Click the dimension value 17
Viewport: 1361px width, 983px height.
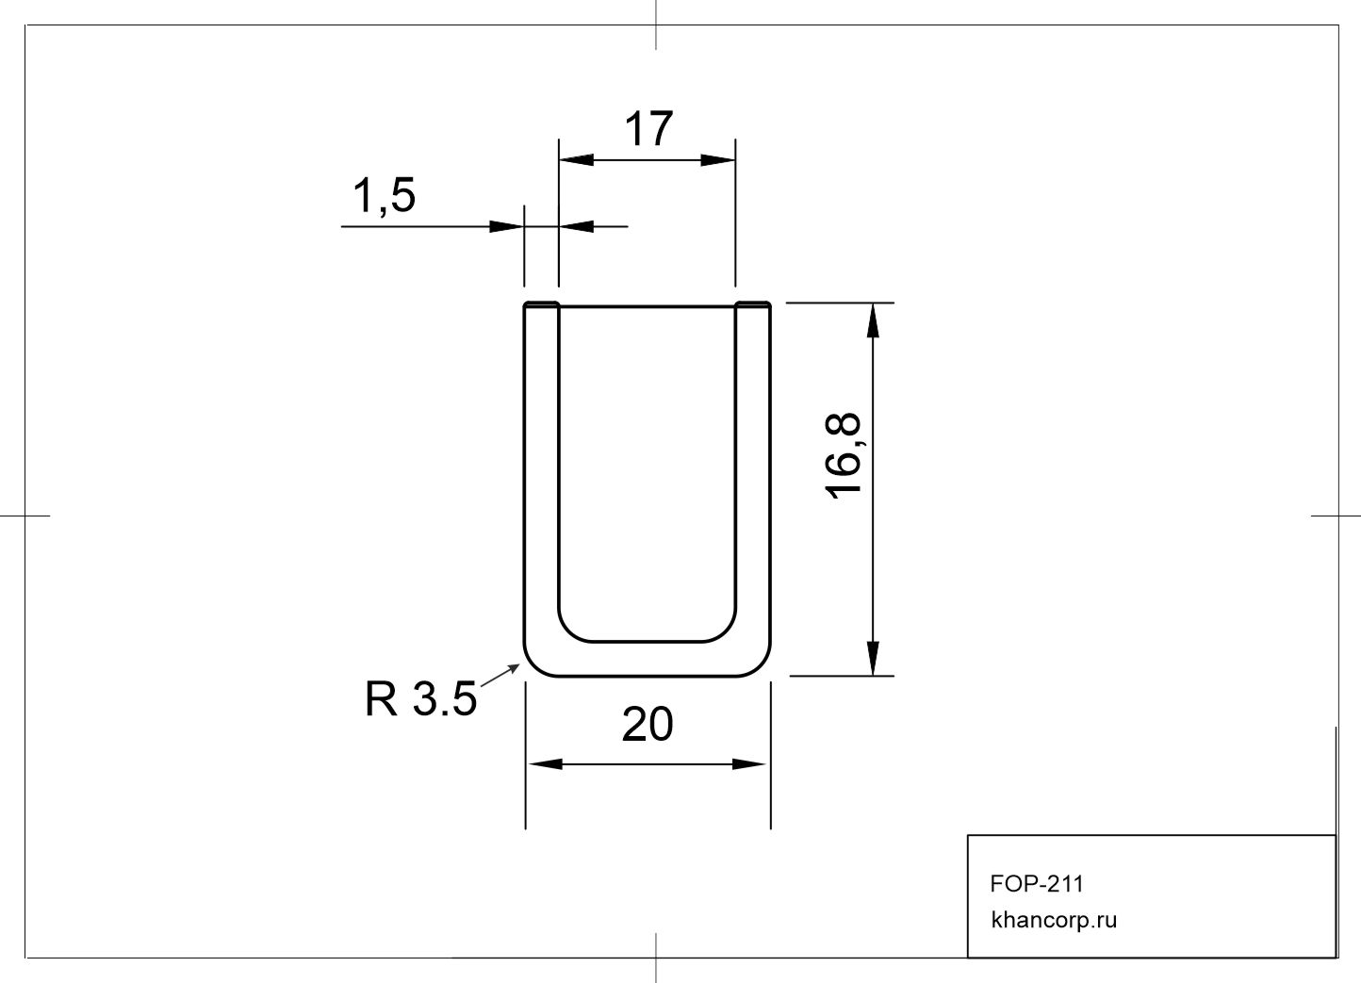click(648, 128)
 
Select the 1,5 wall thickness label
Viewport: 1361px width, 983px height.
click(384, 196)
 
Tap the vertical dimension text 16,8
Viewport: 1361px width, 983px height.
click(844, 455)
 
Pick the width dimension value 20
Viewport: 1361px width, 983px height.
click(648, 724)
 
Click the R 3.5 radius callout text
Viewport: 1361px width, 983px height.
click(420, 698)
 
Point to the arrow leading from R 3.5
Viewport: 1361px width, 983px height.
click(500, 675)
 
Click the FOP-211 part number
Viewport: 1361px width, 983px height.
click(1037, 884)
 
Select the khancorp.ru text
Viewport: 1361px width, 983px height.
click(1054, 920)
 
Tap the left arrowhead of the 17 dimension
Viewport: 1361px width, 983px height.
click(576, 160)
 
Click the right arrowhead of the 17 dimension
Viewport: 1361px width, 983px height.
click(718, 160)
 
